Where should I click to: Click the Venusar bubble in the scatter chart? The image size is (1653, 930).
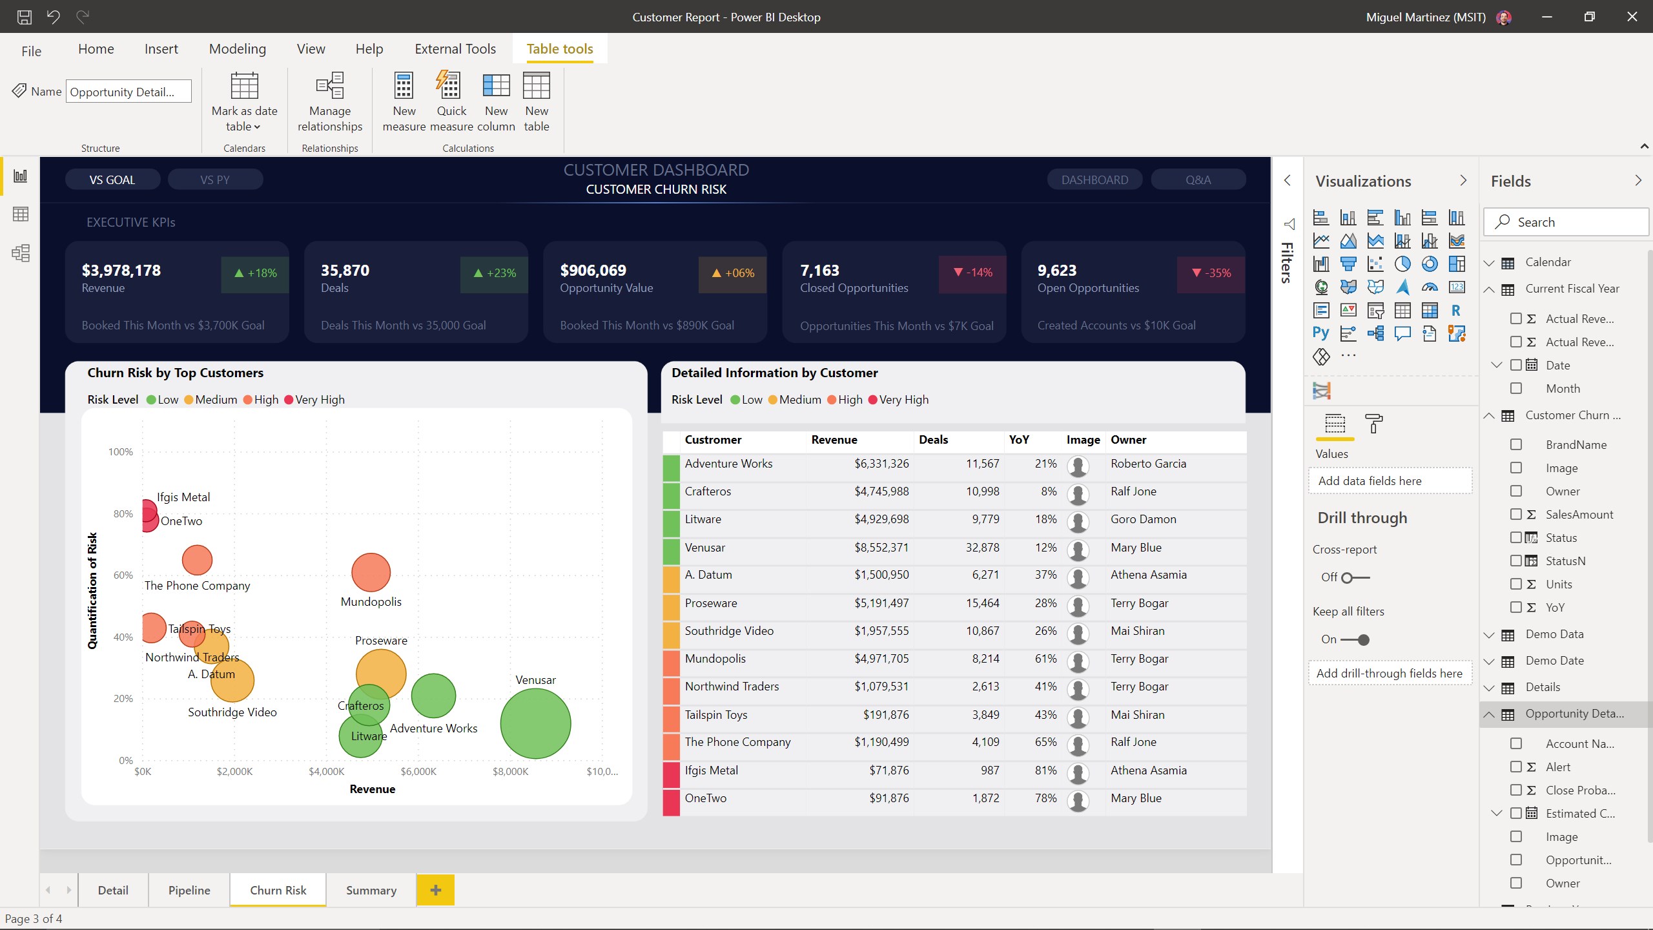pyautogui.click(x=535, y=723)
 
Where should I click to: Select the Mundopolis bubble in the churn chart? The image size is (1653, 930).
pyautogui.click(x=371, y=572)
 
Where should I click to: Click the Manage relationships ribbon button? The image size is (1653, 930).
pyautogui.click(x=329, y=102)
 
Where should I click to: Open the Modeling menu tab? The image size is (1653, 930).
pyautogui.click(x=237, y=49)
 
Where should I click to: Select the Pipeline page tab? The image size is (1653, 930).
pyautogui.click(x=189, y=890)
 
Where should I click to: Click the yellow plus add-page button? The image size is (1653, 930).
pyautogui.click(x=435, y=890)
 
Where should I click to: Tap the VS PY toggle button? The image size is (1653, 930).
pyautogui.click(x=215, y=180)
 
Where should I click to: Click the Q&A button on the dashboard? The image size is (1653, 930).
pyautogui.click(x=1198, y=180)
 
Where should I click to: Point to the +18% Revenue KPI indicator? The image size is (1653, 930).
pyautogui.click(x=255, y=273)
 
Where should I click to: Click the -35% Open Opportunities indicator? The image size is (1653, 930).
pyautogui.click(x=1211, y=273)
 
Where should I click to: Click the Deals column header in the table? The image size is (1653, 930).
pyautogui.click(x=933, y=440)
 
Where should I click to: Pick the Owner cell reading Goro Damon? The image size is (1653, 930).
pyautogui.click(x=1143, y=519)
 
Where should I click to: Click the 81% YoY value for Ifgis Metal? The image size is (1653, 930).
pyautogui.click(x=1045, y=770)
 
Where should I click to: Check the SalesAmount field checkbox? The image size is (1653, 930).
pyautogui.click(x=1516, y=514)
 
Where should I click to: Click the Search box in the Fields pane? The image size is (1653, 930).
pyautogui.click(x=1566, y=222)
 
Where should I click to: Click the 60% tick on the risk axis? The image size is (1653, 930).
pyautogui.click(x=123, y=575)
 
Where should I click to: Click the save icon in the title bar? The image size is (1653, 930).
pyautogui.click(x=24, y=17)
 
